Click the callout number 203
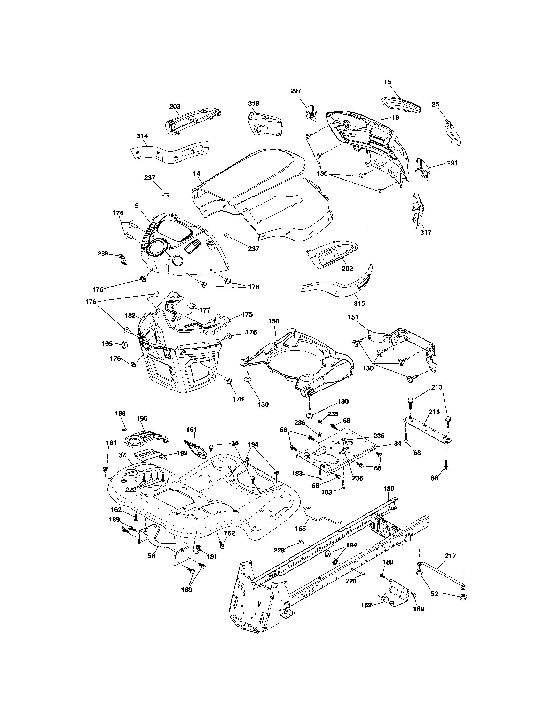point(175,107)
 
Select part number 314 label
point(142,136)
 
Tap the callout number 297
point(296,91)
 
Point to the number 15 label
point(387,82)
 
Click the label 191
point(452,163)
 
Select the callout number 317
point(426,232)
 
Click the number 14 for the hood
point(196,174)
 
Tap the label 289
point(103,254)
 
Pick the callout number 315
point(359,303)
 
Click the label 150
point(273,321)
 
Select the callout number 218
point(434,412)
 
